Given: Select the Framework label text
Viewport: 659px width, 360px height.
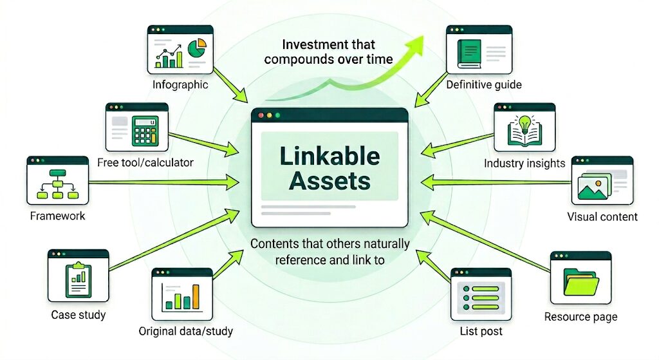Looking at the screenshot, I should click(57, 216).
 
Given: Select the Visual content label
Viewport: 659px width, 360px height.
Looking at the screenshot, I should click(602, 216).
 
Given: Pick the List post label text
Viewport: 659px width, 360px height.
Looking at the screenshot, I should click(481, 332).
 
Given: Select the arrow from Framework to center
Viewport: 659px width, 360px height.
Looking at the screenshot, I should click(161, 182).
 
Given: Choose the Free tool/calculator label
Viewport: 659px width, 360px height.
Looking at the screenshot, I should click(145, 162).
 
